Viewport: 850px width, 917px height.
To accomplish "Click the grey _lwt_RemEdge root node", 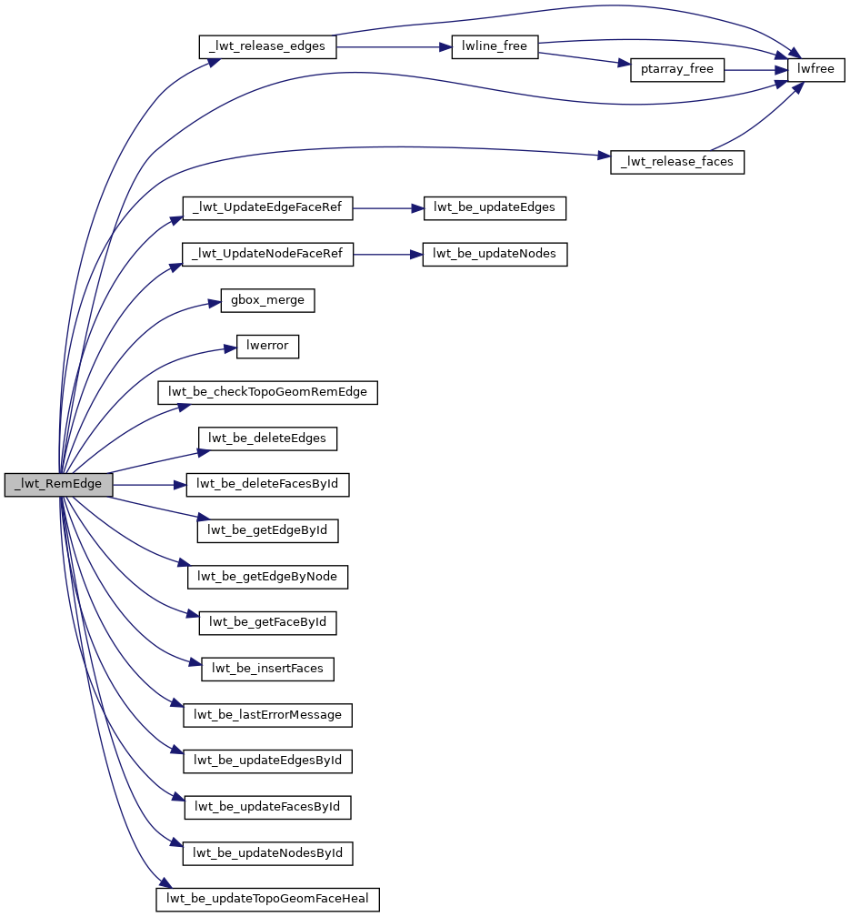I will tap(58, 485).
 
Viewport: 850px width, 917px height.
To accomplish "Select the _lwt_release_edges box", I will tap(267, 46).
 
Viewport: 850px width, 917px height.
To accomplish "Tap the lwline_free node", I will tap(495, 46).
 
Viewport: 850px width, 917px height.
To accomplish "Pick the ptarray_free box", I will tap(677, 70).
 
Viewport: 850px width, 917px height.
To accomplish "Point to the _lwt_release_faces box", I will tap(677, 162).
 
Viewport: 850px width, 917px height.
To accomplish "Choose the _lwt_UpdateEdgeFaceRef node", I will tap(267, 208).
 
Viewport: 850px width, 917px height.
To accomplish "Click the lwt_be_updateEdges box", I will tap(495, 208).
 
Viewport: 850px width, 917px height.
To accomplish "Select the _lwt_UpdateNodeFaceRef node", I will tap(267, 255).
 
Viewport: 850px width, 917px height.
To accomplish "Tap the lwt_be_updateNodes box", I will tap(495, 255).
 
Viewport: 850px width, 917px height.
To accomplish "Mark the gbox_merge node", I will tap(267, 300).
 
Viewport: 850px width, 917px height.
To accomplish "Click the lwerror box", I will tap(267, 347).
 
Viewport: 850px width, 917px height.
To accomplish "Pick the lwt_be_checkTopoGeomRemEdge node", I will tap(267, 393).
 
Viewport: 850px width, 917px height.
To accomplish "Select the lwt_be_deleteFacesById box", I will tap(267, 485).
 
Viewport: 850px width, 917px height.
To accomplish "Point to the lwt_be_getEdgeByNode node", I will tap(267, 577).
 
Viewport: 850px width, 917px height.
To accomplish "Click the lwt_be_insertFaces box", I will tap(267, 669).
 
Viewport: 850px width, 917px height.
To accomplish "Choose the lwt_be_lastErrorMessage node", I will tap(267, 715).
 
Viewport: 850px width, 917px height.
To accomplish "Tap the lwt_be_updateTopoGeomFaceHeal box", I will tap(267, 900).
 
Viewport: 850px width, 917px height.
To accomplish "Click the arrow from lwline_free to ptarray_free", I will tap(582, 59).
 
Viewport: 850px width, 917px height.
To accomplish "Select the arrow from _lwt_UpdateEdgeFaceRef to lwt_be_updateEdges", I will tap(388, 208).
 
